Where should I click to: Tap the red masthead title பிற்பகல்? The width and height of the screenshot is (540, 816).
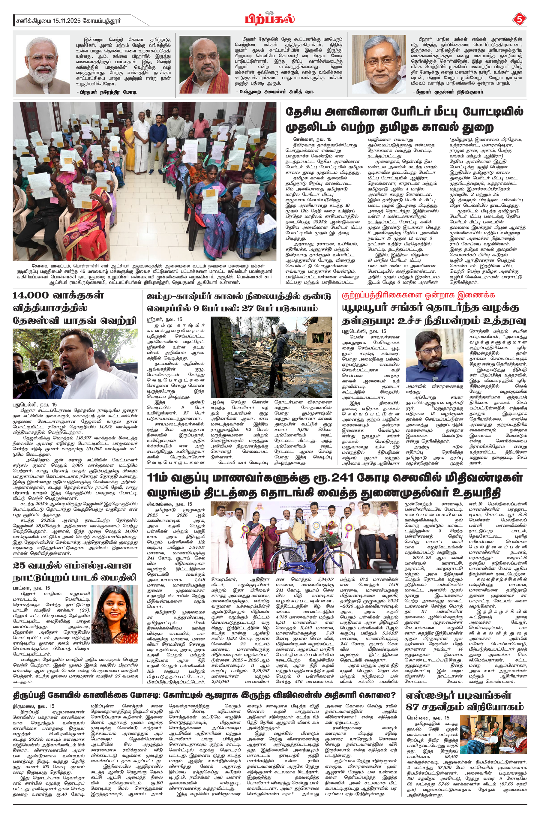point(270,19)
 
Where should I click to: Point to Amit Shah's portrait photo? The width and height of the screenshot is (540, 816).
point(205,65)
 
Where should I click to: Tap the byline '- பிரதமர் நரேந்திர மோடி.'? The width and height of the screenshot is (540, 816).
point(107,92)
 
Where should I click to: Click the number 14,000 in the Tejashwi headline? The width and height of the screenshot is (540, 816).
point(31,295)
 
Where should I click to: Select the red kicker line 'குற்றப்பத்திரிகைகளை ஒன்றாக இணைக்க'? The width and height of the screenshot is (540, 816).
point(418,295)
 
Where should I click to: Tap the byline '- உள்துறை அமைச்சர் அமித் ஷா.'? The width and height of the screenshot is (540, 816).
point(275,92)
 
